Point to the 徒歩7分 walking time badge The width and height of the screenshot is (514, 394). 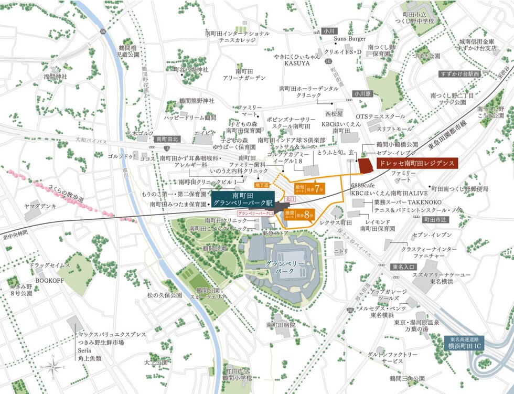[x=314, y=189]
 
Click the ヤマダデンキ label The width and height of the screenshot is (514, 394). [x=40, y=206]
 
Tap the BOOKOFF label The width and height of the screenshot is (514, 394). [x=49, y=281]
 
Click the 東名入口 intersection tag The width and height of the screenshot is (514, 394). [x=403, y=267]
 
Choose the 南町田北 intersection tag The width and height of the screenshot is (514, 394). [x=167, y=139]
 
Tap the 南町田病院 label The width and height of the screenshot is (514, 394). [x=281, y=325]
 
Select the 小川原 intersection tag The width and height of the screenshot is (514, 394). [x=361, y=94]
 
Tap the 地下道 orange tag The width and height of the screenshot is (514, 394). [x=261, y=185]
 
